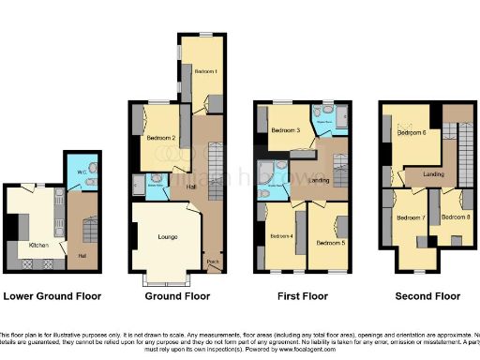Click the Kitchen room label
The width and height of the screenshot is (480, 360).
(x=38, y=245)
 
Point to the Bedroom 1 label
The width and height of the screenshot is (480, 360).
(x=205, y=72)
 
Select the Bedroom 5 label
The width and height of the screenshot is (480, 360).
(x=329, y=242)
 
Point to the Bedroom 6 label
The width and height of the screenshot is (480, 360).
(x=411, y=133)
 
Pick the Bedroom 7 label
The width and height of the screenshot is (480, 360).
(x=410, y=218)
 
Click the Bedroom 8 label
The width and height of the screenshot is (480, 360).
(x=455, y=217)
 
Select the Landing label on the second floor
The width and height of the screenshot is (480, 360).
(x=433, y=173)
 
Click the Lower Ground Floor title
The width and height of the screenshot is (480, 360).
(x=52, y=296)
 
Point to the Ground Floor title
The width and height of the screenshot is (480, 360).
(x=177, y=296)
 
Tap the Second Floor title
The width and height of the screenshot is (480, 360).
(x=427, y=296)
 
